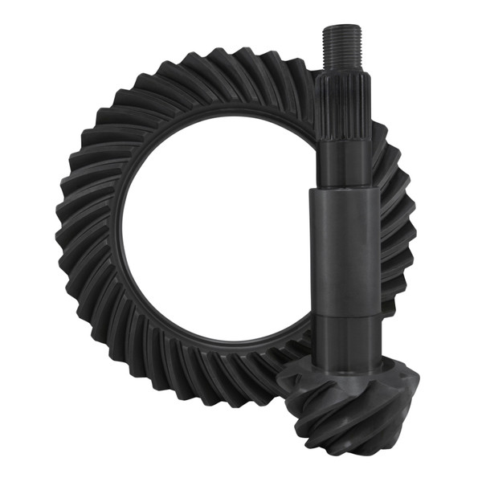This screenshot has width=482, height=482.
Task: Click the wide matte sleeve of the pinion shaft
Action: click(x=343, y=249)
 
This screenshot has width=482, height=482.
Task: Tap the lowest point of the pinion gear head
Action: click(x=353, y=455)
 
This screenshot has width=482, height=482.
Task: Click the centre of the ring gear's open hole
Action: click(x=213, y=241)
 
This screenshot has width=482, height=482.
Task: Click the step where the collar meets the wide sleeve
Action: click(x=343, y=190)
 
